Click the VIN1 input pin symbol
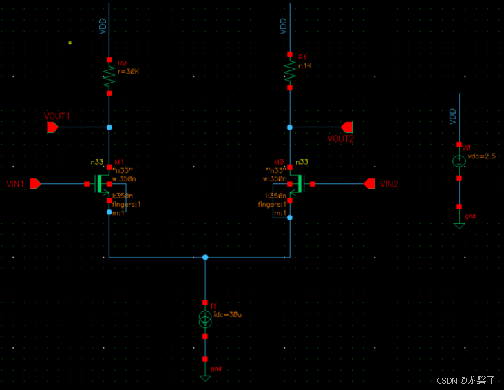coord(36,184)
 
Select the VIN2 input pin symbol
coord(370,184)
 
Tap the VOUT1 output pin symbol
coord(52,127)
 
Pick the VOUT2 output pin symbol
coord(347,127)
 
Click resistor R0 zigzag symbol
coord(109,76)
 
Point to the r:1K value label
coord(304,66)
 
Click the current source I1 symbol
coord(204,319)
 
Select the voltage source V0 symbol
coord(459,161)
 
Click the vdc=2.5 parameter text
coord(482,156)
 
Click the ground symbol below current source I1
coord(204,376)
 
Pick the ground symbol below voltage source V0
coord(459,224)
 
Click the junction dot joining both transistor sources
coord(204,257)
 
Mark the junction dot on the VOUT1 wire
coord(109,127)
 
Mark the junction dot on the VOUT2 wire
coord(290,127)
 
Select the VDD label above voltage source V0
coord(452,116)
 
